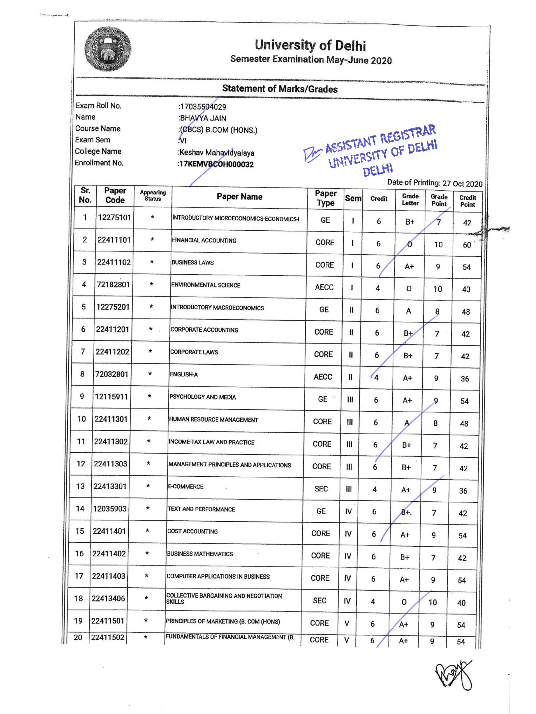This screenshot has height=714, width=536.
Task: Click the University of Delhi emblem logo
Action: (x=108, y=49)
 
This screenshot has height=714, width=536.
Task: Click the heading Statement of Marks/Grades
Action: (x=280, y=89)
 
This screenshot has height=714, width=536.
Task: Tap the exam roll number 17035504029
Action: (x=202, y=107)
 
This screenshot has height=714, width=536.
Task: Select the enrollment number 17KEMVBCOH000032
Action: (x=216, y=164)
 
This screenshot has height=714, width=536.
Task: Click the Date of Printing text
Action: (x=435, y=183)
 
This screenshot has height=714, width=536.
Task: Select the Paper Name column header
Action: (x=239, y=197)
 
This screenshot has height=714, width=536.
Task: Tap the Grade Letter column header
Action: (x=410, y=199)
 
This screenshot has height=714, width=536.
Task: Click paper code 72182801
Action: (x=113, y=284)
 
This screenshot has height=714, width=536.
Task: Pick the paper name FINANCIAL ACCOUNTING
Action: (x=204, y=240)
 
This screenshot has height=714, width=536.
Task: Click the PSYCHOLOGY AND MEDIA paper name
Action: (x=202, y=397)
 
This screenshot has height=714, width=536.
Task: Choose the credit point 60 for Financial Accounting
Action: (x=466, y=245)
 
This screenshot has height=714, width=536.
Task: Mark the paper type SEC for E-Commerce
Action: (x=321, y=489)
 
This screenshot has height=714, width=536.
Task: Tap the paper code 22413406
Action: (x=108, y=598)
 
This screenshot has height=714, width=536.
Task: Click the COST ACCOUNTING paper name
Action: (x=192, y=531)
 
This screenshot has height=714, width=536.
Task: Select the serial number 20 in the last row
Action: (x=78, y=638)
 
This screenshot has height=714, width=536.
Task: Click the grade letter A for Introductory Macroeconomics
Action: (x=408, y=311)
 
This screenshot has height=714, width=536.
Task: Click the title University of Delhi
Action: (x=310, y=45)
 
